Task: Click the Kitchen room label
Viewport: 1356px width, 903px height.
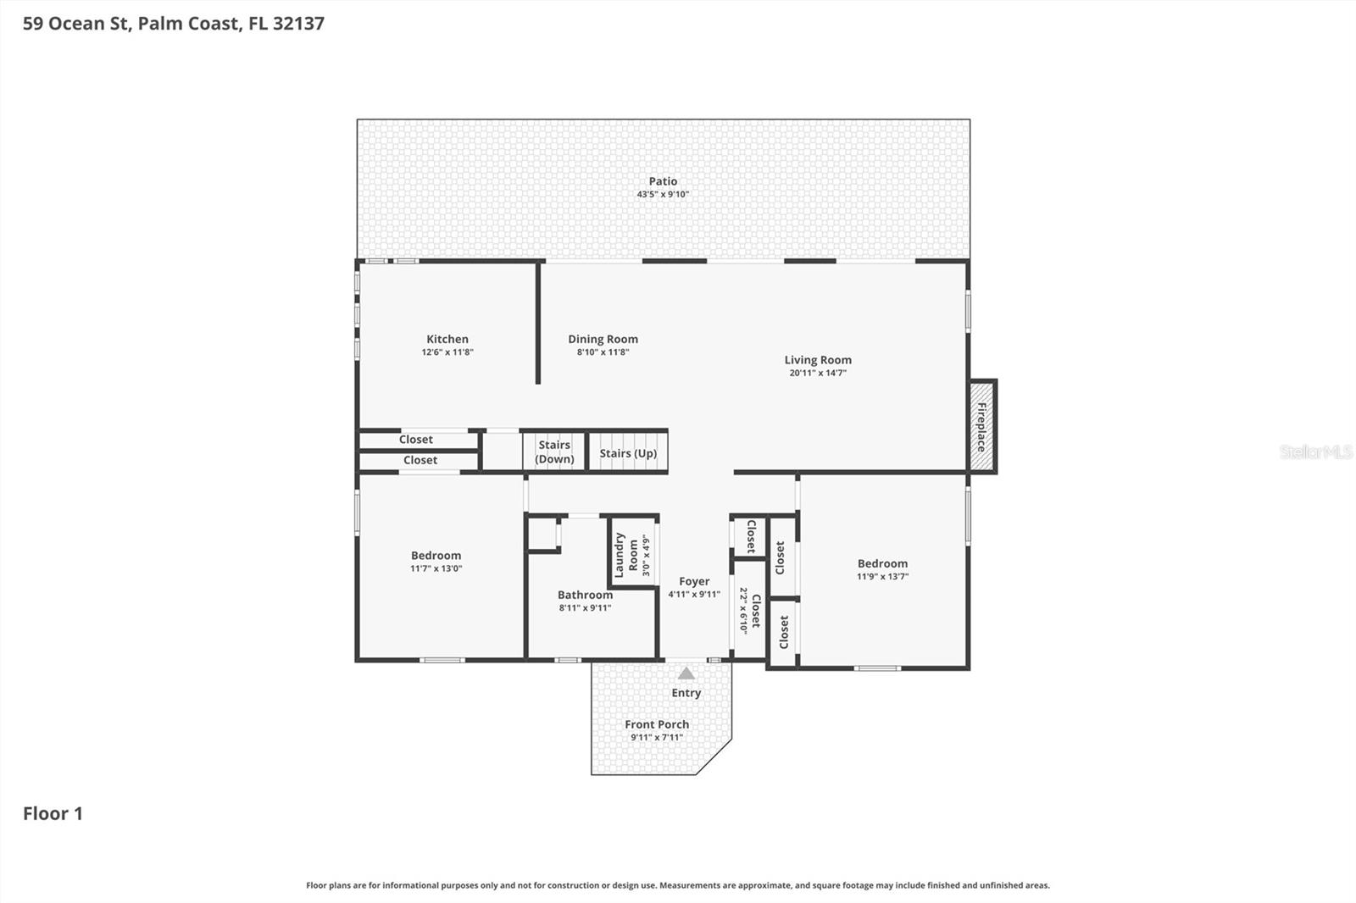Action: tap(447, 339)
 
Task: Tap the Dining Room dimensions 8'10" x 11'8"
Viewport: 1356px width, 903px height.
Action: tap(603, 352)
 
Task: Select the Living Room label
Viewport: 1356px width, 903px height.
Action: tap(817, 360)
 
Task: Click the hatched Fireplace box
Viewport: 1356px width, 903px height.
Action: tap(981, 426)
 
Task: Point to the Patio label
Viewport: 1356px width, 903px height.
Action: tap(663, 181)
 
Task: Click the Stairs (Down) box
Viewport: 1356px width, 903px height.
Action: tap(554, 451)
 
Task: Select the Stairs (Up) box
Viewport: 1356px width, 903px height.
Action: tap(628, 453)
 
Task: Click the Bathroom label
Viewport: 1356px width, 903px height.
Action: tap(585, 595)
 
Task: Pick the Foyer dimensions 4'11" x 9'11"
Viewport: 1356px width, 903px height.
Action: tap(693, 595)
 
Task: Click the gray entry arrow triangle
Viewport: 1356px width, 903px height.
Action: tap(686, 673)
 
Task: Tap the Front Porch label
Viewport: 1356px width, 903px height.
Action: tap(657, 724)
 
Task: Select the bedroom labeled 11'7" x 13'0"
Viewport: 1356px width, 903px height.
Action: tap(436, 562)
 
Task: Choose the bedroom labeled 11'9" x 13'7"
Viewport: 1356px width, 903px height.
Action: tap(882, 569)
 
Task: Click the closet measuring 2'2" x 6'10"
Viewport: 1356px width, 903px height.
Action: tap(749, 610)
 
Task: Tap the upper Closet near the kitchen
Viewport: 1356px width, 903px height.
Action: tap(416, 440)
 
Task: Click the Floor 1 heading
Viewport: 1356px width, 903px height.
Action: tap(53, 813)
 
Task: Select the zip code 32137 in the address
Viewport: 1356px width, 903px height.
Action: tap(298, 24)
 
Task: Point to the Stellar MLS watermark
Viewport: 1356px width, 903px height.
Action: tap(1316, 452)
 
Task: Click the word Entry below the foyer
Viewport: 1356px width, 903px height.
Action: tap(686, 693)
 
